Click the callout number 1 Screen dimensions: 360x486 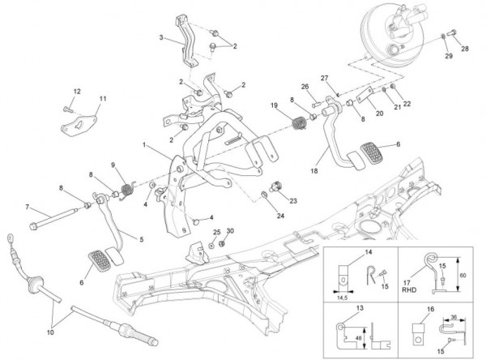coord(144,145)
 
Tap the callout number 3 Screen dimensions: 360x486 coord(161,37)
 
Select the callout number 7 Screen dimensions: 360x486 coord(27,206)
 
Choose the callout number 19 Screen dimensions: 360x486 coord(275,106)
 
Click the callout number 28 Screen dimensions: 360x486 coord(465,49)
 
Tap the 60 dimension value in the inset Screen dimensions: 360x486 coord(462,275)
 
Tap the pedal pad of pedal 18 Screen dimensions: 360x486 coord(372,152)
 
